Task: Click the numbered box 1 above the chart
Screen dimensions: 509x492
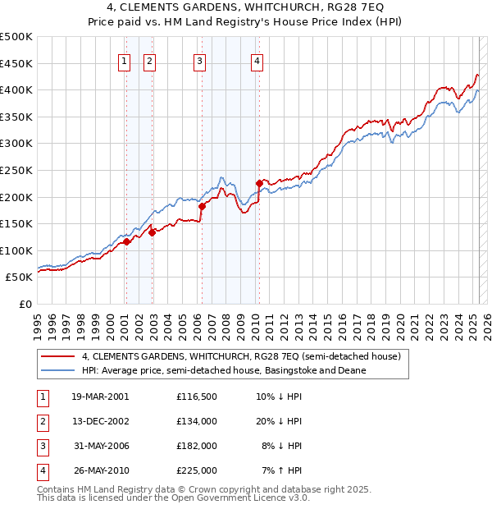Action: (x=124, y=59)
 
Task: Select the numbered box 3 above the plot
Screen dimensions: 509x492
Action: (x=199, y=59)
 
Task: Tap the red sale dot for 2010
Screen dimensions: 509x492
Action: (x=259, y=183)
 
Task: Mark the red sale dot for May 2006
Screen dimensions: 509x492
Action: (x=202, y=207)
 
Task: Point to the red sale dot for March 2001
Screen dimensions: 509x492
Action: (x=127, y=242)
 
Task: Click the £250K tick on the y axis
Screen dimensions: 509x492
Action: (x=16, y=170)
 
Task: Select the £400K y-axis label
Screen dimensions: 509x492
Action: (x=16, y=89)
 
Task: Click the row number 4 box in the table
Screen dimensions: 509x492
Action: (x=41, y=470)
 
